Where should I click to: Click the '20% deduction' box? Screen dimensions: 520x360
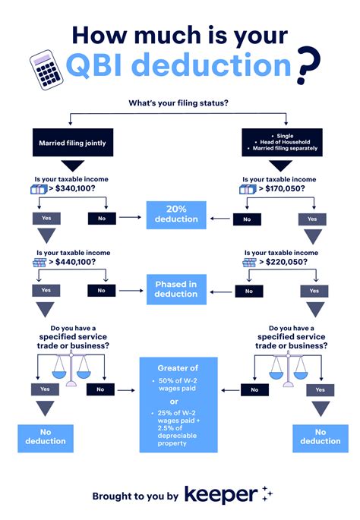click(177, 214)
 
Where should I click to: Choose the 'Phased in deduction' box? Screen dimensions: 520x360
click(177, 289)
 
